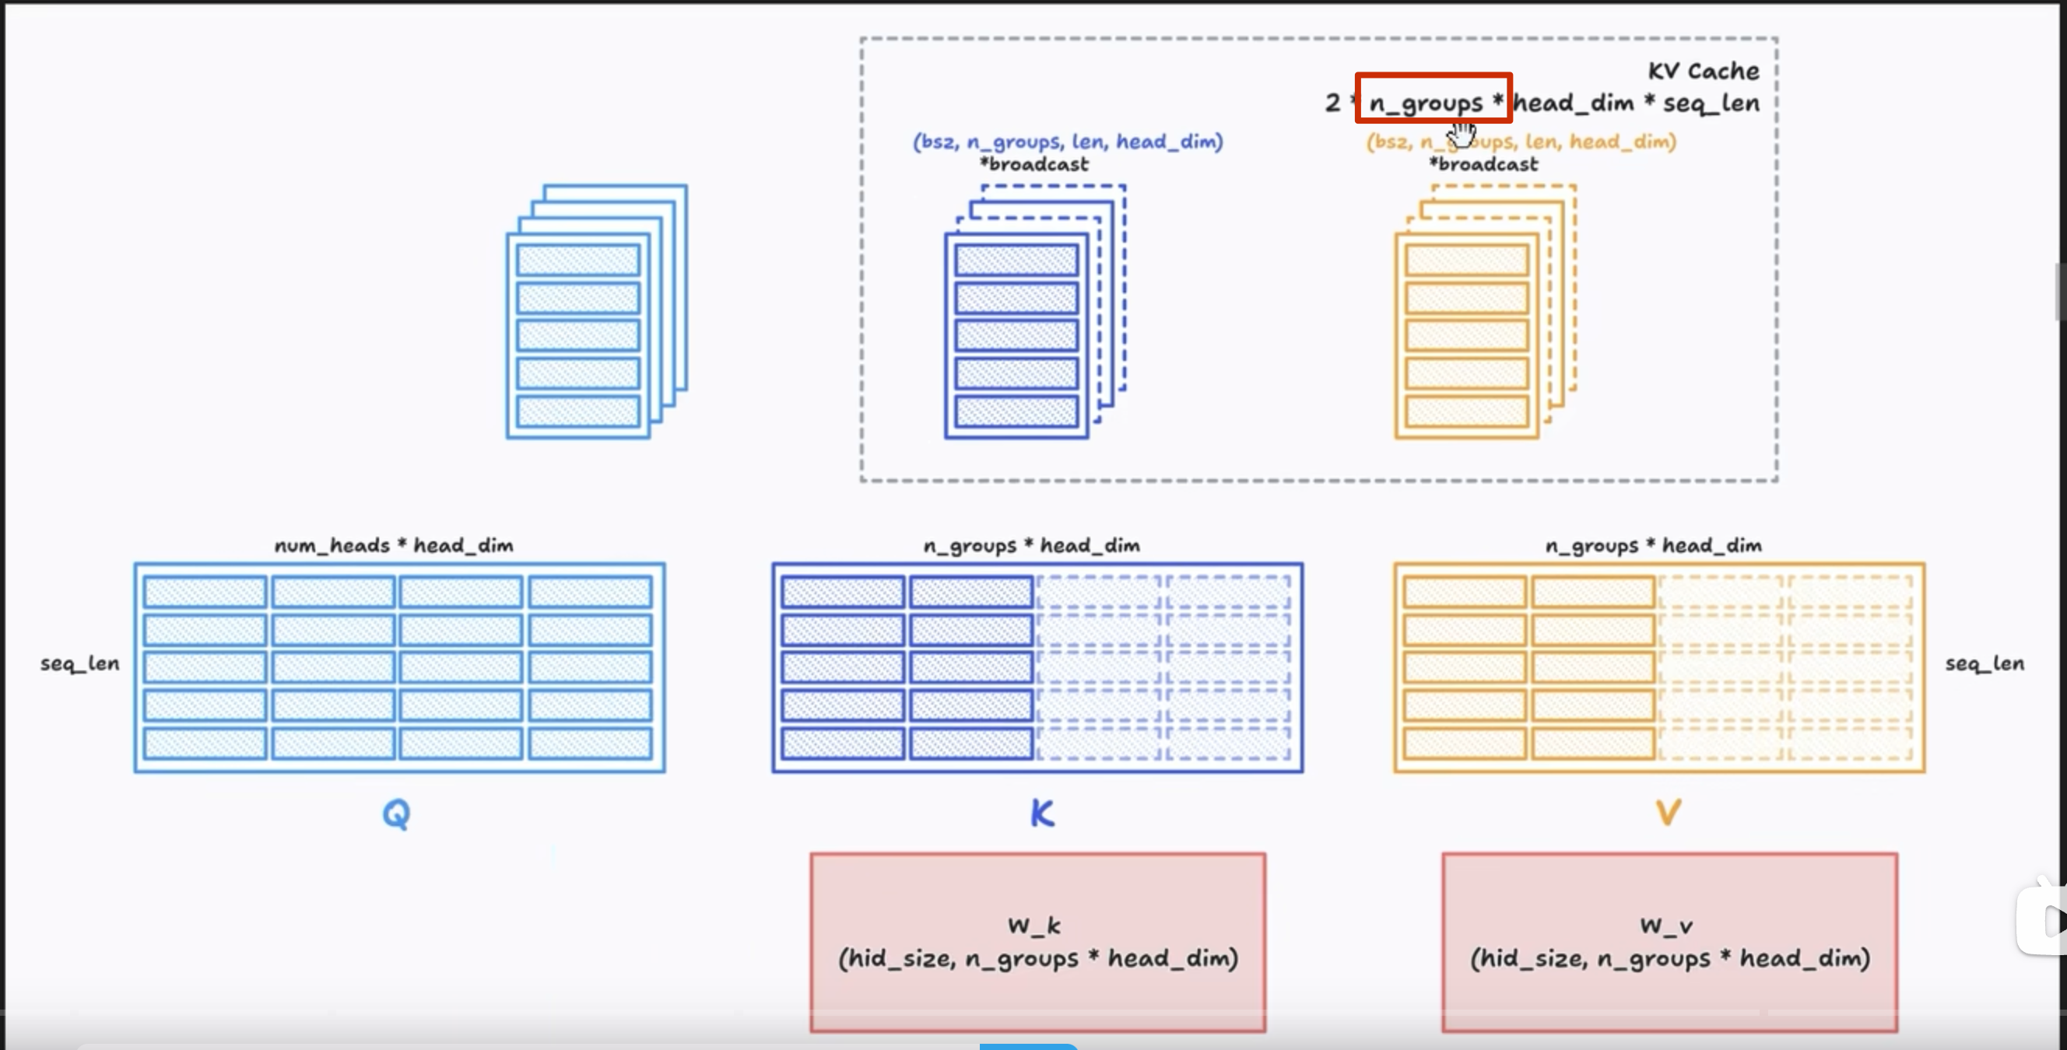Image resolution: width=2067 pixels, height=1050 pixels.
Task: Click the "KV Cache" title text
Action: (1703, 72)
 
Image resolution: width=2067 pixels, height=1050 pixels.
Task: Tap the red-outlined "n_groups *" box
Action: (1433, 99)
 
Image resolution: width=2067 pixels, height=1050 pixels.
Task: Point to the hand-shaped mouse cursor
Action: (1463, 135)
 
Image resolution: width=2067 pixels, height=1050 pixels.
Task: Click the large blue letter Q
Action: (396, 814)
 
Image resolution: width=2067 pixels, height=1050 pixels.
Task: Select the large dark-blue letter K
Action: (1041, 814)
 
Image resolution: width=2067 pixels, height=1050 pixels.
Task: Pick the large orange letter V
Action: (1669, 813)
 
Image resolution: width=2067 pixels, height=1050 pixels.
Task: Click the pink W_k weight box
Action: (1037, 942)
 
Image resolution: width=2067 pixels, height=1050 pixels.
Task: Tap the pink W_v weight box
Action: (1669, 942)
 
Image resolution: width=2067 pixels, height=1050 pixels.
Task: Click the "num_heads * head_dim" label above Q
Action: (393, 545)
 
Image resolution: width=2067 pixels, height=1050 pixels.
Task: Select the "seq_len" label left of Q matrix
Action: (79, 663)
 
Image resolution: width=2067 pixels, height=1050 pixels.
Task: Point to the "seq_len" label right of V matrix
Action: (1984, 663)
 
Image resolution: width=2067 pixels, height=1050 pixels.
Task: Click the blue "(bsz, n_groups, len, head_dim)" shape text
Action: (1067, 142)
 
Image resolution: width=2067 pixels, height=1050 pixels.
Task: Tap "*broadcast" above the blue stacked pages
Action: (1033, 164)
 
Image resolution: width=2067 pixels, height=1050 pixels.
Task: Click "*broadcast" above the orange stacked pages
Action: (1483, 164)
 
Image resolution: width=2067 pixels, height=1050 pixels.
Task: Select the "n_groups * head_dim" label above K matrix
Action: (1031, 545)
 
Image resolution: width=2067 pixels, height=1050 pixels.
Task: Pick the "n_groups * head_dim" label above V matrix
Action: (1653, 545)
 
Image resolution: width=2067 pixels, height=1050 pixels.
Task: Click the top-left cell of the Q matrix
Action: (205, 592)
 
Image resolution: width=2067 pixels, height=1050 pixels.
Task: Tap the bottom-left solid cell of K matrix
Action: (842, 744)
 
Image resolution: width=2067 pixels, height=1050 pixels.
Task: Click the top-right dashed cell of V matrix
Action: (1850, 592)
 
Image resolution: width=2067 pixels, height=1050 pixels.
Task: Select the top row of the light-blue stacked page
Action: (577, 260)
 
